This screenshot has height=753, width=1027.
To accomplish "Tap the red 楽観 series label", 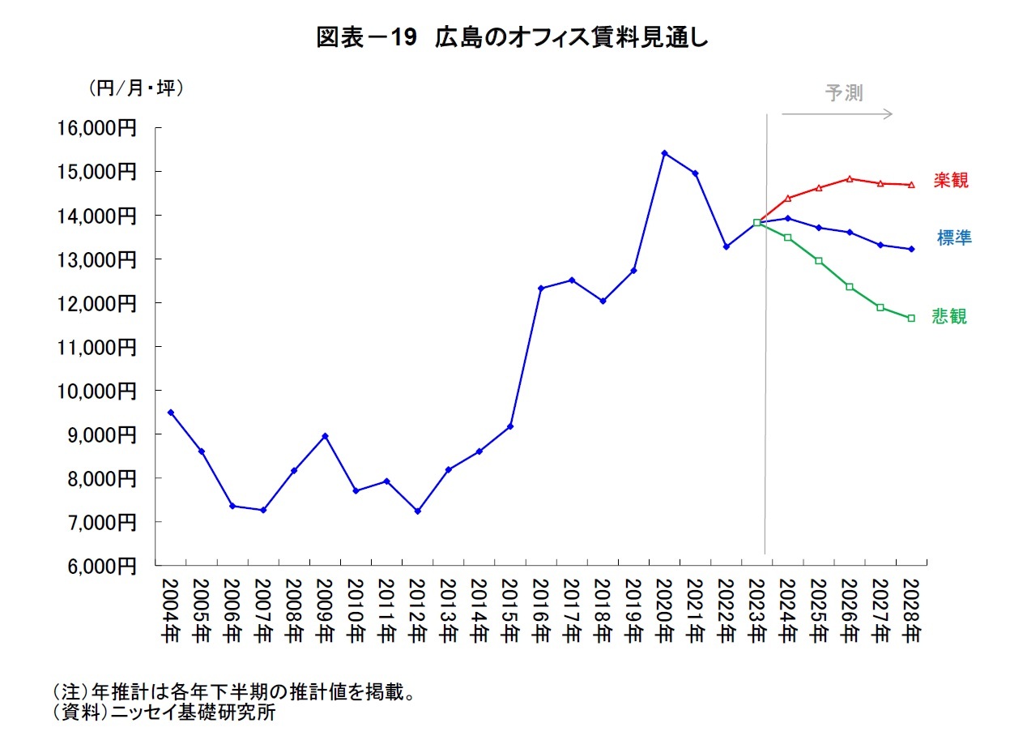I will tap(950, 181).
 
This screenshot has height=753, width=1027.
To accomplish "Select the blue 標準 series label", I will tap(954, 238).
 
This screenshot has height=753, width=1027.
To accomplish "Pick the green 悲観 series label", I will tap(949, 317).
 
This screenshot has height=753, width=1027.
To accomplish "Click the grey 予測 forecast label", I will tap(844, 93).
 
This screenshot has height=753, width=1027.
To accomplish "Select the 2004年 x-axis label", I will tap(170, 611).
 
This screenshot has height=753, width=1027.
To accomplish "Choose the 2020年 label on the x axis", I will tap(664, 611).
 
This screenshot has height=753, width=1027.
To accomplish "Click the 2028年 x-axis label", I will tap(911, 611).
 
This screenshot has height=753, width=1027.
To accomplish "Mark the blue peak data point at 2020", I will tap(664, 153).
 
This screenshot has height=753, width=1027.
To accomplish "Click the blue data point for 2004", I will tap(170, 413).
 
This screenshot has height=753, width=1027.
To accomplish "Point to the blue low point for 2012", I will tap(417, 511).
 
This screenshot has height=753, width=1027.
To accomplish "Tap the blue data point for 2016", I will tap(541, 288).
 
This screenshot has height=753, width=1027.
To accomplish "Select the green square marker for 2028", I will tap(911, 319).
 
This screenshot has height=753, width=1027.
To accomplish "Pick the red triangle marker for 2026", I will tap(849, 178).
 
